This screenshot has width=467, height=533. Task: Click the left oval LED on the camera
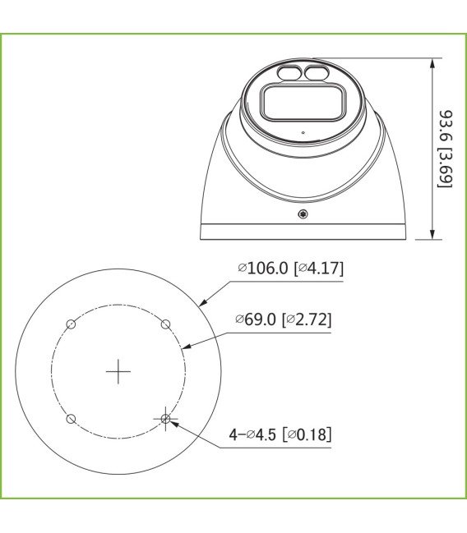[x=289, y=74]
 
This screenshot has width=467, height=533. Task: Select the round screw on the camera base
[x=303, y=215]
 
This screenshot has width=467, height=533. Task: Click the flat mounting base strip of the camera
[x=304, y=232]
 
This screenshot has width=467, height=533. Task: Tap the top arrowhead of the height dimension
[x=432, y=63]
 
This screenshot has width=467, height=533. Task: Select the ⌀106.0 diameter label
[x=264, y=269]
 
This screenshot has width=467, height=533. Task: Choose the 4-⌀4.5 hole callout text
[x=254, y=434]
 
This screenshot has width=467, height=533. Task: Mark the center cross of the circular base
[x=118, y=372]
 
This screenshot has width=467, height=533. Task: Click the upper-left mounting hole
[x=72, y=324]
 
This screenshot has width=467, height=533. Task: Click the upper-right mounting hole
[x=166, y=324]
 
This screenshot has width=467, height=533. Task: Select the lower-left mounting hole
[x=72, y=419]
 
